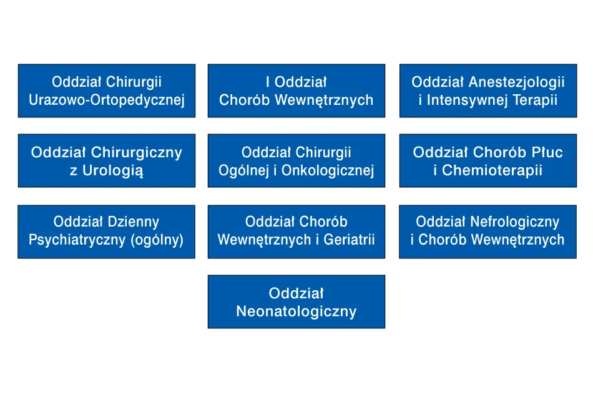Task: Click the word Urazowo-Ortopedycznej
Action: point(107,100)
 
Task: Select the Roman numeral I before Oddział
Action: point(268,82)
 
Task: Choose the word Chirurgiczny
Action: point(137,152)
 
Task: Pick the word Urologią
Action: point(113,171)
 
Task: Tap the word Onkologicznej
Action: point(328,171)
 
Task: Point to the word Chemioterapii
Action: point(492,170)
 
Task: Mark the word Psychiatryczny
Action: point(77,240)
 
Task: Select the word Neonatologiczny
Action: point(296,312)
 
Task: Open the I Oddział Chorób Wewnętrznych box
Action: point(296,90)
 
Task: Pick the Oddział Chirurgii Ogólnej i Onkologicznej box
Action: point(296,160)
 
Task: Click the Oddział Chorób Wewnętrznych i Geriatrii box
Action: point(296,232)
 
